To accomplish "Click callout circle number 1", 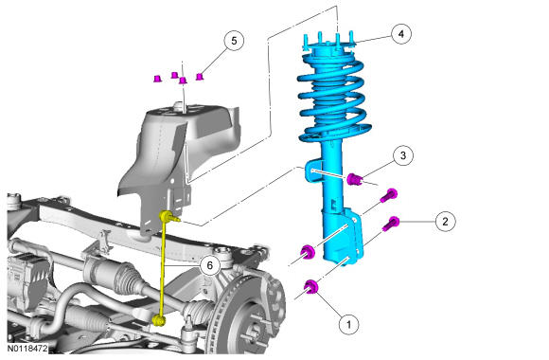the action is point(348,324).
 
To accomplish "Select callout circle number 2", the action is point(445,221).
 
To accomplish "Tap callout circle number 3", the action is point(403,155).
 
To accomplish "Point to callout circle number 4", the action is point(401,34).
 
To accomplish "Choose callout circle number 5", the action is point(234,41).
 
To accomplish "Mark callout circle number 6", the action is point(210,265).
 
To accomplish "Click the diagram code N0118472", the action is point(27,349).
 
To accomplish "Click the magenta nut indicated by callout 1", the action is point(310,286).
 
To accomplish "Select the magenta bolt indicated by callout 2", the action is point(391,224).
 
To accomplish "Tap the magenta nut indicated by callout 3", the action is point(354,179).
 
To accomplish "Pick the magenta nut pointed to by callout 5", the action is point(199,77).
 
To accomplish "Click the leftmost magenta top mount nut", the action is point(157,79).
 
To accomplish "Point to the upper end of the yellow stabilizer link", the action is point(166,216).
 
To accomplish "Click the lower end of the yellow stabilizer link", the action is point(159,319).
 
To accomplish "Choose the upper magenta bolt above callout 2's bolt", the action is point(389,195).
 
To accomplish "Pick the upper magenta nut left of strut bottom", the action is point(308,252).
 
